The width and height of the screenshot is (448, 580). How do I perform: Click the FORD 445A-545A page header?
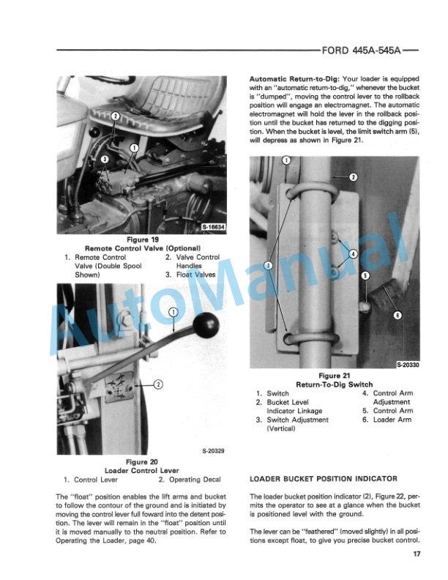click(362, 52)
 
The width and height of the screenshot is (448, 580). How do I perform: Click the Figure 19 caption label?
click(143, 240)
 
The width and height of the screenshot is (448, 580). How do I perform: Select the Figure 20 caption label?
click(142, 462)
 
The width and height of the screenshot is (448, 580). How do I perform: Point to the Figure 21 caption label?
click(333, 376)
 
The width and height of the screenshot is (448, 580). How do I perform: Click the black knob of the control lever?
click(211, 323)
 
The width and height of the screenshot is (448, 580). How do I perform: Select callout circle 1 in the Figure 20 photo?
click(173, 313)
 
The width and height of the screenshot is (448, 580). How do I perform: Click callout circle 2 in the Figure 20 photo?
click(157, 383)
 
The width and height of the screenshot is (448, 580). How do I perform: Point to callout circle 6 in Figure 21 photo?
click(397, 314)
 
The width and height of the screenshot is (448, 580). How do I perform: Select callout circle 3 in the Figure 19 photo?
click(105, 159)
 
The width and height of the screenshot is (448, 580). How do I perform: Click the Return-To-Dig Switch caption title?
click(333, 384)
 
